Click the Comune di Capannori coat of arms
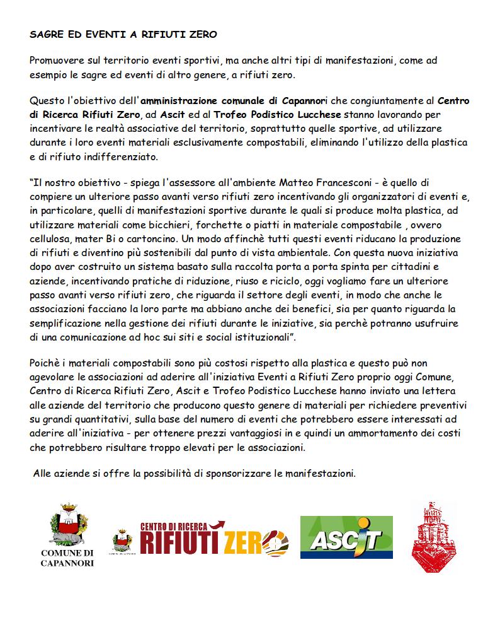tap(68, 523)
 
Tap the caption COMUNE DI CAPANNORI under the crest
tap(67, 558)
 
